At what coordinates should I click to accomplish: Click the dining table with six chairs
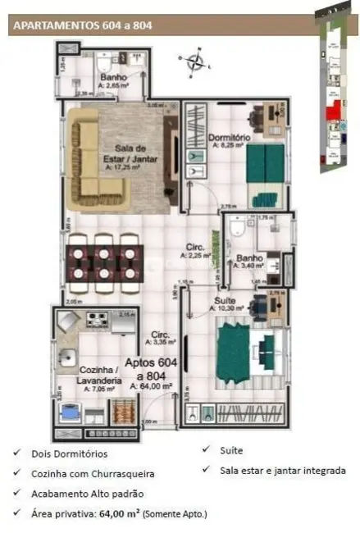[103, 264]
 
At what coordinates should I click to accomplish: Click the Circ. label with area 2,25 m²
[196, 249]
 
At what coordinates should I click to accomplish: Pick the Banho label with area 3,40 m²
[248, 263]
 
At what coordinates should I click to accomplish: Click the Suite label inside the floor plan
[226, 301]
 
